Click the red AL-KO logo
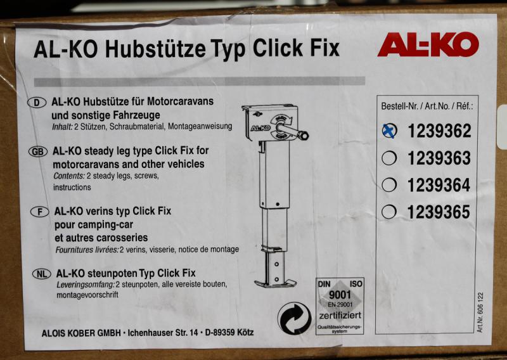pyautogui.click(x=428, y=44)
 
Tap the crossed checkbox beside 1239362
pyautogui.click(x=389, y=131)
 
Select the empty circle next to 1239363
pyautogui.click(x=389, y=158)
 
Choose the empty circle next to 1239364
pyautogui.click(x=389, y=185)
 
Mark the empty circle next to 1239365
pyautogui.click(x=388, y=212)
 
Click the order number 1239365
pyautogui.click(x=439, y=212)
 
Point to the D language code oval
pyautogui.click(x=37, y=103)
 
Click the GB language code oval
pyautogui.click(x=38, y=151)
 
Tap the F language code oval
pyautogui.click(x=40, y=212)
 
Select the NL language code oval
pyautogui.click(x=42, y=274)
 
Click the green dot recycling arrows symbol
pyautogui.click(x=294, y=318)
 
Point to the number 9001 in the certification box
pyautogui.click(x=340, y=295)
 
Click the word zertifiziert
pyautogui.click(x=340, y=315)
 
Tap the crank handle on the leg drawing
pyautogui.click(x=292, y=130)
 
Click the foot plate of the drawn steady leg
pyautogui.click(x=275, y=284)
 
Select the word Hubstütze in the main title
pyautogui.click(x=155, y=49)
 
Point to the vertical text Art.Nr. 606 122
pyautogui.click(x=480, y=312)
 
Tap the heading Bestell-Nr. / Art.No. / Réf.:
pyautogui.click(x=427, y=106)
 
